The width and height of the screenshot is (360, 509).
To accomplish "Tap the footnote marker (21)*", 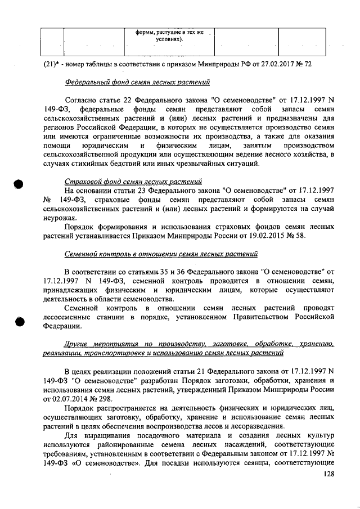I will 52,64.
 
